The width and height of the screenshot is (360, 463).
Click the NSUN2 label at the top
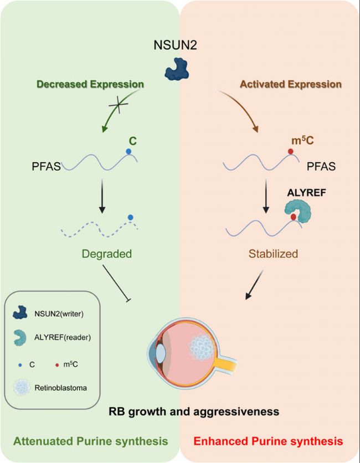click(x=175, y=45)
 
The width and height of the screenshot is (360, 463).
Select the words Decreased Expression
click(x=90, y=84)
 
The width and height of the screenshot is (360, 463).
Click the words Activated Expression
click(x=291, y=84)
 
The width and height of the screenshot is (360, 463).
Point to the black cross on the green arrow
click(x=118, y=104)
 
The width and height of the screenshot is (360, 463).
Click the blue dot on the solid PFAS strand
click(x=128, y=152)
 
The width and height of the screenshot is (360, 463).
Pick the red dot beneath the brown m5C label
click(x=291, y=152)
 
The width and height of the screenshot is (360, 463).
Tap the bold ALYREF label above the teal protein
click(x=306, y=193)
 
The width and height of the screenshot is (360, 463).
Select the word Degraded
click(x=107, y=254)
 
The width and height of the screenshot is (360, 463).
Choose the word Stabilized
click(x=273, y=254)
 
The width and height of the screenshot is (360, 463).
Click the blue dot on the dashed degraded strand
click(x=130, y=218)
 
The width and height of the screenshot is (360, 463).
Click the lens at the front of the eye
click(x=161, y=353)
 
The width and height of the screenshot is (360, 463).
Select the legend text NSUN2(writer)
click(x=59, y=313)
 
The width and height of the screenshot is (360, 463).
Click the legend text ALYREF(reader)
click(x=63, y=337)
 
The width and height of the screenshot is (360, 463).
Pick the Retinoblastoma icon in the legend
click(x=22, y=388)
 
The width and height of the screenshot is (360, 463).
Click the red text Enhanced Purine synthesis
click(x=268, y=441)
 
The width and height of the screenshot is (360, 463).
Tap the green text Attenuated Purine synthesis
click(x=91, y=441)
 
